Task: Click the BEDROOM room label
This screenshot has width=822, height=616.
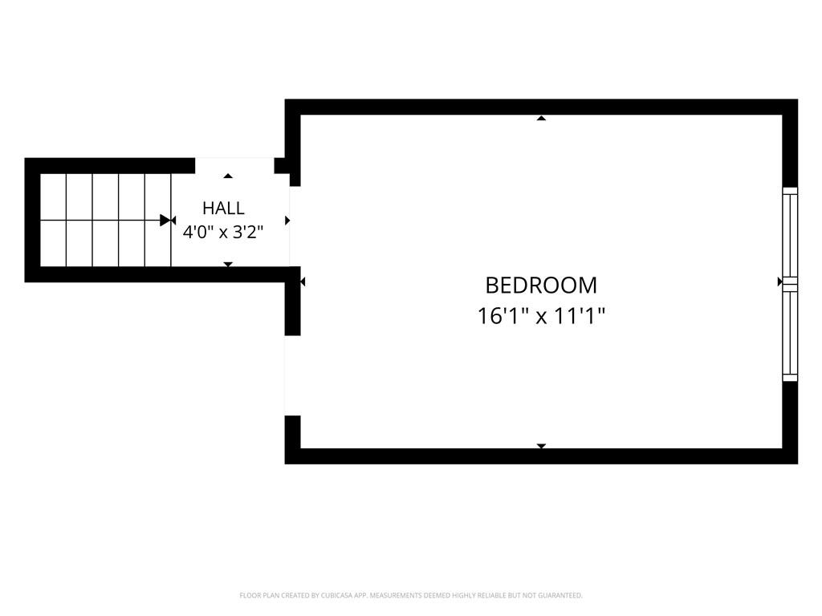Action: coord(541,286)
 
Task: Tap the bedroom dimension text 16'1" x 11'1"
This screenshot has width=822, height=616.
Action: coord(541,316)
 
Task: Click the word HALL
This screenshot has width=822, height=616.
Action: coord(223,208)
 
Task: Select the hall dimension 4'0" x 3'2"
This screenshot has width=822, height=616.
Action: coord(223,232)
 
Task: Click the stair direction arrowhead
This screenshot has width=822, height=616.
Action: coord(165,220)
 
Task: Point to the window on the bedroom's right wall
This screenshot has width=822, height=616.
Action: coord(790,284)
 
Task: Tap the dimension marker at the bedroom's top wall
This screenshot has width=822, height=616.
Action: coord(542,119)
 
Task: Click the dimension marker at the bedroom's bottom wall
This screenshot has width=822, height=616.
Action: coord(542,446)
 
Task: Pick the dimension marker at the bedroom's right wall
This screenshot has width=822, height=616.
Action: coord(779,282)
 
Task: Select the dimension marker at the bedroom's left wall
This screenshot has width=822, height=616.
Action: coord(303,282)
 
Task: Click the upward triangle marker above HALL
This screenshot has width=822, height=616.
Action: coord(228,176)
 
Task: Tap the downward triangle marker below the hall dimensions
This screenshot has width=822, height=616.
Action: coord(228,265)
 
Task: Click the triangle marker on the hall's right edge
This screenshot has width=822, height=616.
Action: coord(287,221)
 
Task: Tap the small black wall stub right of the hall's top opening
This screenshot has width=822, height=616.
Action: coord(282,165)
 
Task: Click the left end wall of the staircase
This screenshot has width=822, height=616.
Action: coord(32,220)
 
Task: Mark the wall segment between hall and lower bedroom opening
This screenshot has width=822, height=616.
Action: coord(292,302)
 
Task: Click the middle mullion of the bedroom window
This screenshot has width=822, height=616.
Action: coord(790,284)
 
